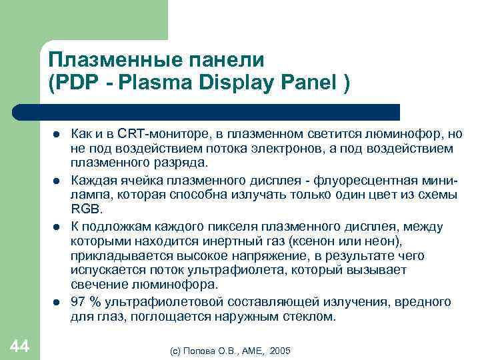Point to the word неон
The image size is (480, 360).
click(x=389, y=241)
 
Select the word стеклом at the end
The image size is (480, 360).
click(x=311, y=317)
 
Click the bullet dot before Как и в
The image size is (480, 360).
click(x=57, y=134)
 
